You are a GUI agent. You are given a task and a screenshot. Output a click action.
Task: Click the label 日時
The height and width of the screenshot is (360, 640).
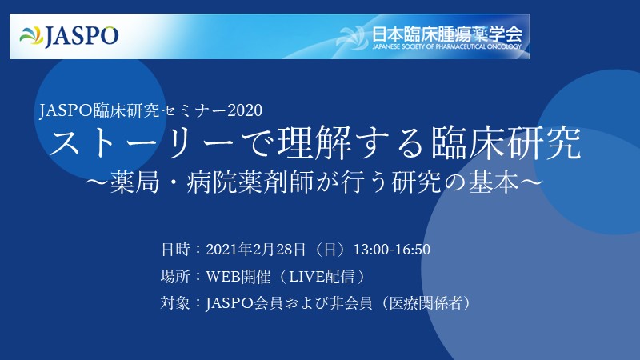tap(174, 249)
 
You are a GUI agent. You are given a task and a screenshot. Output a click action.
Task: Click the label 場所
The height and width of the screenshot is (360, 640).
tap(174, 276)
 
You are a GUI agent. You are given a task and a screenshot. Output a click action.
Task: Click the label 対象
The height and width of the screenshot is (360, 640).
tap(174, 303)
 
